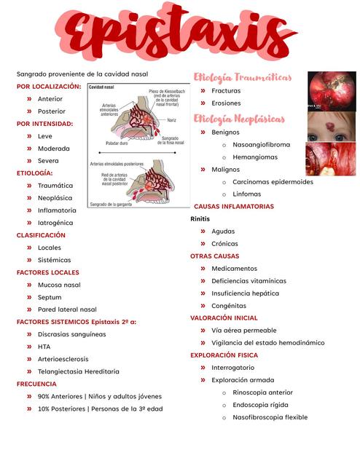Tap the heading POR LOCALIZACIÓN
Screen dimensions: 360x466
click(x=49, y=86)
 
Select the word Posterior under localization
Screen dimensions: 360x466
click(x=51, y=111)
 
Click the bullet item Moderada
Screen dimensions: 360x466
click(x=54, y=149)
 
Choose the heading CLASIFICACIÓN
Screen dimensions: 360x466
click(x=41, y=235)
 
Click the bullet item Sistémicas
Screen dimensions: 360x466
click(x=54, y=260)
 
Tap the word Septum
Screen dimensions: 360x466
click(x=50, y=297)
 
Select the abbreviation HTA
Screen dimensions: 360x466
click(x=44, y=347)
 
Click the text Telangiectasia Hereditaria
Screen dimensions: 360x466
click(x=78, y=371)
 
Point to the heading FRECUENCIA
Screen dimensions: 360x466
click(x=36, y=384)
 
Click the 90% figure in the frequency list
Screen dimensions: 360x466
click(x=44, y=397)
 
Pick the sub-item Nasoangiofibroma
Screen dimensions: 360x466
click(x=261, y=144)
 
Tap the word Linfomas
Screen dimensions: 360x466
click(x=246, y=194)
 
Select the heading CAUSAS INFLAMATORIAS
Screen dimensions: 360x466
click(x=233, y=207)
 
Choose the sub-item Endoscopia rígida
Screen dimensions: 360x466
click(x=259, y=405)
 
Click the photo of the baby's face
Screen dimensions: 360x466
click(x=331, y=125)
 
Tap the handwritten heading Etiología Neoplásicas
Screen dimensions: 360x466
click(x=238, y=119)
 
